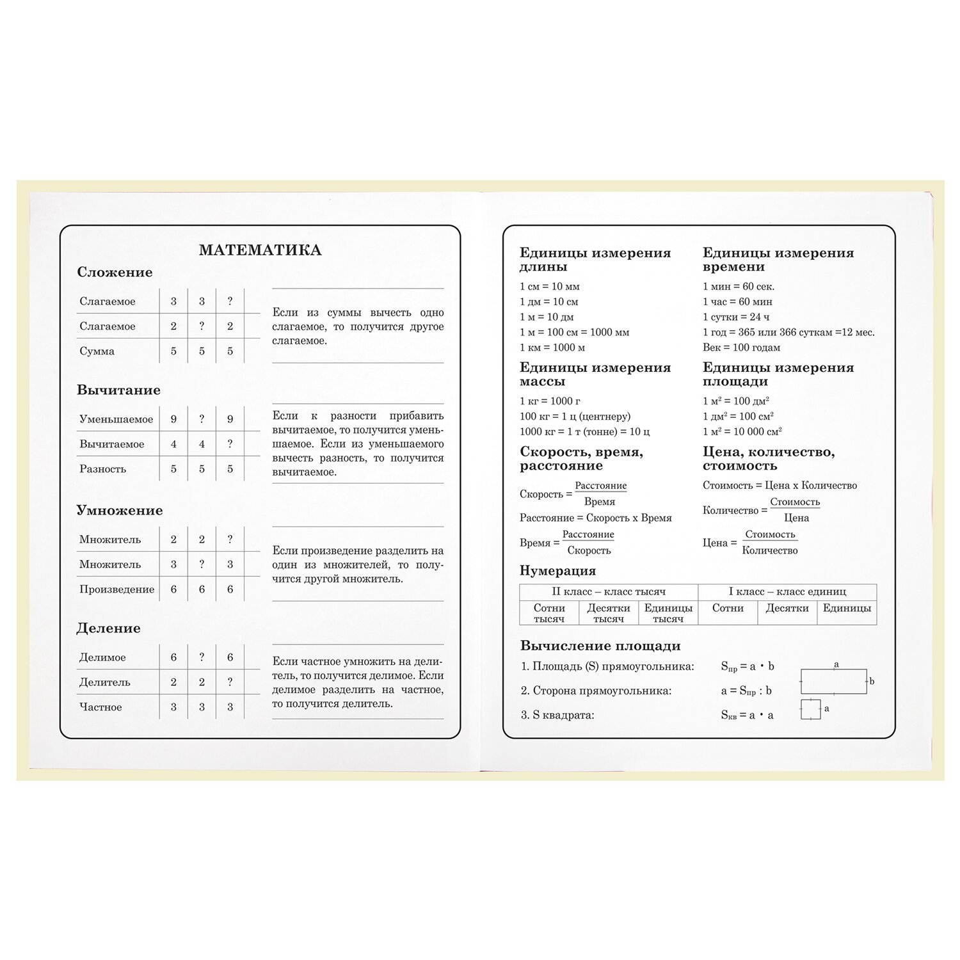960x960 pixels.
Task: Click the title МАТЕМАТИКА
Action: coord(260,250)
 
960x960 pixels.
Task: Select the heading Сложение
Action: coord(115,272)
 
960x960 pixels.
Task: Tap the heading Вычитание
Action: coord(118,390)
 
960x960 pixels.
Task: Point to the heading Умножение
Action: coord(119,510)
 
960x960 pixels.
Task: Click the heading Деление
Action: coord(108,628)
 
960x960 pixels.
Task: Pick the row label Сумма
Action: coord(97,351)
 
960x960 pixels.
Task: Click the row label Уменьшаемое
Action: coord(116,419)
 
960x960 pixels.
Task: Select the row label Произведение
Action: coord(116,589)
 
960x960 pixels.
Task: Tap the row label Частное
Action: coord(100,707)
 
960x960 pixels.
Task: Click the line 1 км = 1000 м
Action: coord(552,348)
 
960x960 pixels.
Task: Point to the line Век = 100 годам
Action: coord(741,348)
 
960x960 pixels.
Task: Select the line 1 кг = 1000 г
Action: coord(550,401)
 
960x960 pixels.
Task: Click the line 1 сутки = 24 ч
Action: coord(736,317)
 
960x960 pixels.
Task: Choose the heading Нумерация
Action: coord(557,570)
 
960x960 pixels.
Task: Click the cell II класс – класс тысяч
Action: coord(609,591)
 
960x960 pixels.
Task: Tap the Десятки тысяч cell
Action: coord(608,613)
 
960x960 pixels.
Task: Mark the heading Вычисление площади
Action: coord(600,646)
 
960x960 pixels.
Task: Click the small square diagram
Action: coord(810,709)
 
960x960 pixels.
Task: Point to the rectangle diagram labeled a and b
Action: coord(834,682)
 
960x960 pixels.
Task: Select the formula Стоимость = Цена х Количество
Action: coord(780,485)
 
